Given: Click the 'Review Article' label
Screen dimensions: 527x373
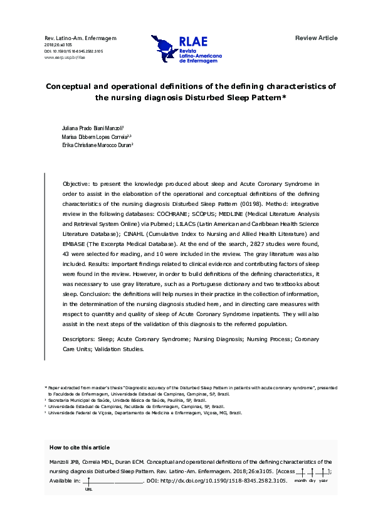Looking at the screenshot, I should tap(316, 38).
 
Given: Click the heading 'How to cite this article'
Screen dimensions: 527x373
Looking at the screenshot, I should tap(79, 448).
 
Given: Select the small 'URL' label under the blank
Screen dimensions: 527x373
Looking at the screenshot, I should tap(88, 490).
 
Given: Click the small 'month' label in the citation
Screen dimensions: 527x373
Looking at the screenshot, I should tap(301, 480).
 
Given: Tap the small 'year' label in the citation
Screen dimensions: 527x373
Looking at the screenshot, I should tap(323, 480).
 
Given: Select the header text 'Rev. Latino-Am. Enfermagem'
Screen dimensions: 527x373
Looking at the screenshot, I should tap(81, 38).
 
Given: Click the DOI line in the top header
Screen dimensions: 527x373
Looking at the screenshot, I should tap(74, 51).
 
